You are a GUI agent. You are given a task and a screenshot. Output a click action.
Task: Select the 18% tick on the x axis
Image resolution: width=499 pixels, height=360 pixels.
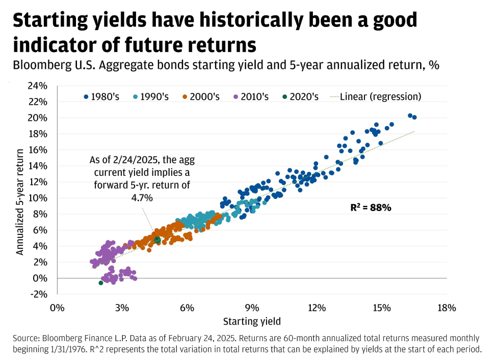(446, 308)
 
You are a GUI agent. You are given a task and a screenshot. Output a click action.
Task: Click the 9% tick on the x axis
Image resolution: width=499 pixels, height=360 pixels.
(252, 308)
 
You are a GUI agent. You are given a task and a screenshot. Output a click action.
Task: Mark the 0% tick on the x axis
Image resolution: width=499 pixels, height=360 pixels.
(57, 308)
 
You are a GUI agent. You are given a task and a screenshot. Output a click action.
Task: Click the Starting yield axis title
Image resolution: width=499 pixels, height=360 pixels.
(251, 322)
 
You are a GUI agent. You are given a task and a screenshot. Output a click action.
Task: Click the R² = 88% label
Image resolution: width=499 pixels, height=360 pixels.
(371, 208)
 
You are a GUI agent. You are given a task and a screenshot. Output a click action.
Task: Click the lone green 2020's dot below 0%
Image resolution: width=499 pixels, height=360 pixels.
(101, 283)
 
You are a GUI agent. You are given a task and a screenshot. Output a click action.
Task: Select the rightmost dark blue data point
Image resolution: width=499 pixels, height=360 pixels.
(414, 117)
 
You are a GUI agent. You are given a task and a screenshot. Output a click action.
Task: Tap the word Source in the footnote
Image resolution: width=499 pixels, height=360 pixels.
(26, 338)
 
